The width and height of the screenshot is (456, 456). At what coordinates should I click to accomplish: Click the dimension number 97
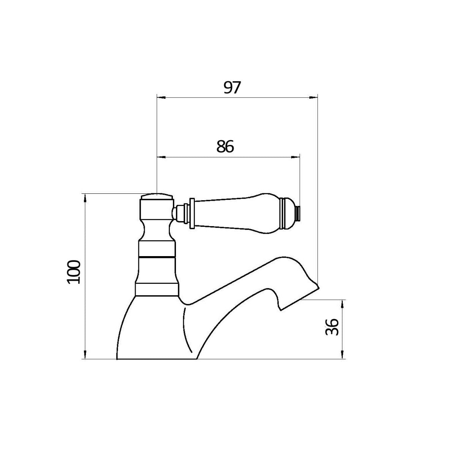(232, 88)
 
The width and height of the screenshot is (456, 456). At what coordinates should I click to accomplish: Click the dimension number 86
(225, 147)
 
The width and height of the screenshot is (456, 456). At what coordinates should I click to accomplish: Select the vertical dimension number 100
(74, 271)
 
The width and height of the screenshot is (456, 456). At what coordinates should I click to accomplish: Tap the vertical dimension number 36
(332, 327)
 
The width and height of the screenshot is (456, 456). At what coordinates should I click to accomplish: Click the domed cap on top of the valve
(157, 197)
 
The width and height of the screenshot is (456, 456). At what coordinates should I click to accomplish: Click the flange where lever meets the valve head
(192, 214)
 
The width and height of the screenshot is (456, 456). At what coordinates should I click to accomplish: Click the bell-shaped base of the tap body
(152, 331)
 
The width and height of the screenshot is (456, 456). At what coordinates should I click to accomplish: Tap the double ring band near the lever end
(283, 213)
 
